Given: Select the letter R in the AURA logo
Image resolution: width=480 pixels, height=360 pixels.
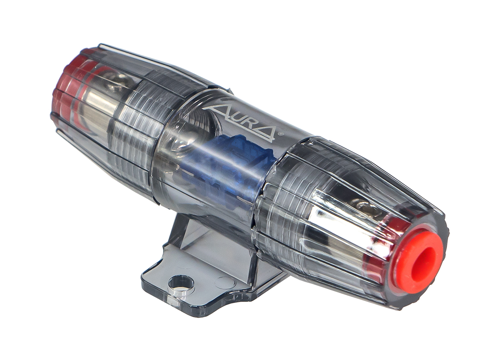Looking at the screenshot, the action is pos(249,121).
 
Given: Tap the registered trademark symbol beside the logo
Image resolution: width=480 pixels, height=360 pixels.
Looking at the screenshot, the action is pos(282,132).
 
